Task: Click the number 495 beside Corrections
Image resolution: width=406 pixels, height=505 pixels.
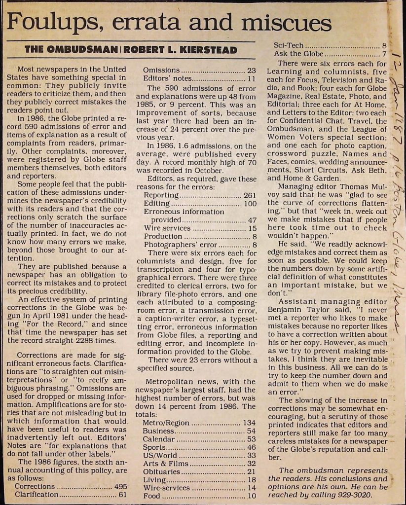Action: (120, 486)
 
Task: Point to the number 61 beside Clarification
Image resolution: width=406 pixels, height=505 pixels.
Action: (123, 495)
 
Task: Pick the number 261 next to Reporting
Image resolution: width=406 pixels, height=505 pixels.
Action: (250, 195)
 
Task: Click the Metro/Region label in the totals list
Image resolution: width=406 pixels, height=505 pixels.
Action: (165, 423)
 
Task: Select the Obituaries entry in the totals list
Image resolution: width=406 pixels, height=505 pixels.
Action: (163, 471)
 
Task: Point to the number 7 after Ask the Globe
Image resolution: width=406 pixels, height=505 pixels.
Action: (384, 54)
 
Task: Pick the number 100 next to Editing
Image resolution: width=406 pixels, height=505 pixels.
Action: (250, 204)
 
